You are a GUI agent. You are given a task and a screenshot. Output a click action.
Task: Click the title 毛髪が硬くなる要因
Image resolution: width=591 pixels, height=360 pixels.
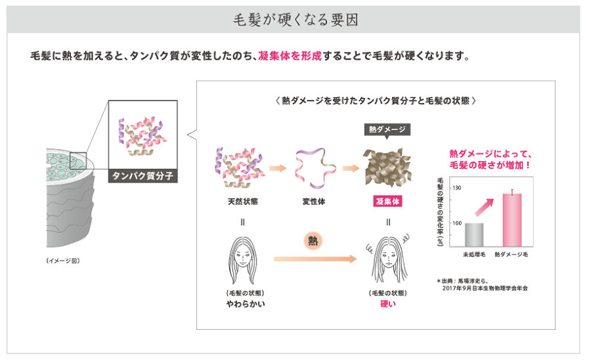point(295,19)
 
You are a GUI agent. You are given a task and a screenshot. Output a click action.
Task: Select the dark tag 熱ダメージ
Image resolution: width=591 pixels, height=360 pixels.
point(387,129)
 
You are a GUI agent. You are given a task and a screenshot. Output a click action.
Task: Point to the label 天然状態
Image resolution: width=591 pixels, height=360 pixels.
point(242,202)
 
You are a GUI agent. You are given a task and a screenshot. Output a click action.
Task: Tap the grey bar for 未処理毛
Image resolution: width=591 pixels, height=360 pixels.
point(474,235)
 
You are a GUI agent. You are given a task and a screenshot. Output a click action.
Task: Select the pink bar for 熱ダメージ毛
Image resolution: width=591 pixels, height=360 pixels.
point(512,219)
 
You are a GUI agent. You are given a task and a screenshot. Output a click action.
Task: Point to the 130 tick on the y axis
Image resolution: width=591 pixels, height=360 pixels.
point(457,189)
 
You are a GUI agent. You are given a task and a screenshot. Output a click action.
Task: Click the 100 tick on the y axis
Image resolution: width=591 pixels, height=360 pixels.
point(457,224)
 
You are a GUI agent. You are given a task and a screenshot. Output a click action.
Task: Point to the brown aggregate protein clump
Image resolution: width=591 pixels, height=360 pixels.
point(387,164)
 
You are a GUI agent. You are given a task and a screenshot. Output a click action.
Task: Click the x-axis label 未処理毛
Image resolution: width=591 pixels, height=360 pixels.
point(473,253)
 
